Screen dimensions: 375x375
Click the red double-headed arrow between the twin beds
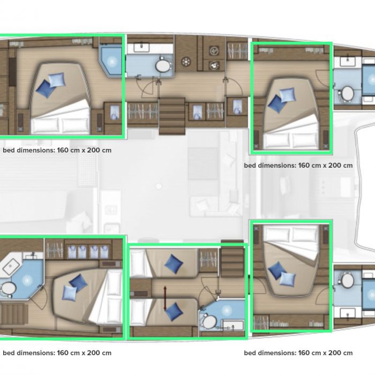coord(165,298)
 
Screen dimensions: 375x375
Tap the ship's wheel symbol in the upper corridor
coord(186,62)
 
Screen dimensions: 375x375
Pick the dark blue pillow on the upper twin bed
coord(174,264)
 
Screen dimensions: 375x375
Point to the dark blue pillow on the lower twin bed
coord(174,312)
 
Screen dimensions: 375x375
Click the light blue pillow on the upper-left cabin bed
coord(57,80)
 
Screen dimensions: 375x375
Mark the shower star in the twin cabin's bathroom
coord(226,311)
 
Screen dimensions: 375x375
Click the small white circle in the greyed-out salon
coord(159,186)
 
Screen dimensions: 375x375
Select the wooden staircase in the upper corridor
coord(172,116)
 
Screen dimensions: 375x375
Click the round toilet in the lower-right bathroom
coord(348,280)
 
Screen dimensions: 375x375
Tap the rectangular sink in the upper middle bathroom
coord(141,47)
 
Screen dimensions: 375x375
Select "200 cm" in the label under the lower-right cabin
coord(340,352)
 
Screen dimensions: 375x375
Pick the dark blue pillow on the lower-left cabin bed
coord(78,283)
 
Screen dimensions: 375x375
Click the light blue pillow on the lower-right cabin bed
coord(287,279)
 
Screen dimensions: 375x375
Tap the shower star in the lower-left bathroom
coord(27,280)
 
